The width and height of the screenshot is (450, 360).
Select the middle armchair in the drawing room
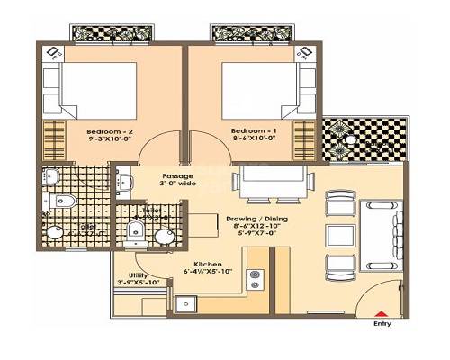pos(338,235)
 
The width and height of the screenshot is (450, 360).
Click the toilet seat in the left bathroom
pos(63,202)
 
